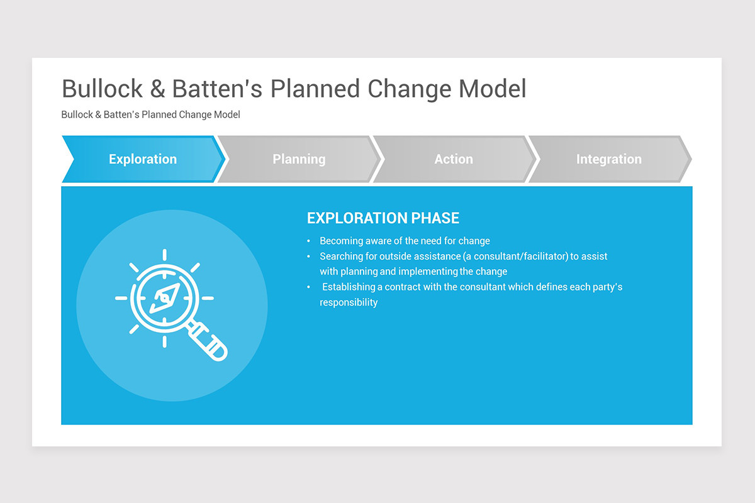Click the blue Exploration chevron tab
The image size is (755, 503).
tap(143, 159)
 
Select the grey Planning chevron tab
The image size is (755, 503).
tap(299, 159)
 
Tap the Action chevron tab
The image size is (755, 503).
tap(454, 159)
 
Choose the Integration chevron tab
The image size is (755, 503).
tap(610, 159)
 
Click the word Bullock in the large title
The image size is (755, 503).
tap(103, 89)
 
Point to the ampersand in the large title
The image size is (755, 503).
tap(157, 89)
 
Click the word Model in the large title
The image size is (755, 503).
tap(493, 89)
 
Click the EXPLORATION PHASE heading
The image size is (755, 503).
tap(383, 218)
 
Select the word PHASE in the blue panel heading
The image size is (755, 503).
tap(435, 218)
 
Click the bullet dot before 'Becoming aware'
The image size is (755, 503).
tap(308, 241)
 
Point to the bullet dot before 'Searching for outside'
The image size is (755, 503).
tap(308, 257)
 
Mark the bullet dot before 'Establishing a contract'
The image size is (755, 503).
tap(308, 287)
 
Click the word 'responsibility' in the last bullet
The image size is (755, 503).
tap(349, 302)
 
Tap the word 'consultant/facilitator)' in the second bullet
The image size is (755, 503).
tap(515, 257)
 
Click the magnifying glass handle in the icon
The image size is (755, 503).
tap(207, 341)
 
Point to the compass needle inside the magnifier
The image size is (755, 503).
tap(165, 298)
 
